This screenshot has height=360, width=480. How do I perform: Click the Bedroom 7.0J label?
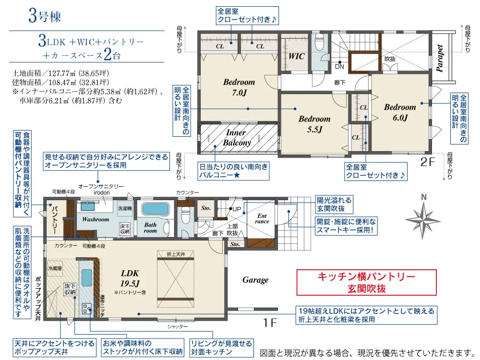click(x=239, y=87)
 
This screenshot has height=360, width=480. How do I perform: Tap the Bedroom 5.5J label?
click(x=315, y=124)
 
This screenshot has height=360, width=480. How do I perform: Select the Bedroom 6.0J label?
click(x=400, y=112)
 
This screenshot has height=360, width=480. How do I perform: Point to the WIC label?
click(x=296, y=56)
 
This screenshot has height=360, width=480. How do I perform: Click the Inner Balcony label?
click(x=237, y=137)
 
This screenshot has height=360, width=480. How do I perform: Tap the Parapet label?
click(x=440, y=58)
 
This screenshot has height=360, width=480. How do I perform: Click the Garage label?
click(x=255, y=280)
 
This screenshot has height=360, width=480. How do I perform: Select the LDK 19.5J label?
click(x=130, y=278)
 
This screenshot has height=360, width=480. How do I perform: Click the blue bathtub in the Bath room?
click(x=156, y=209)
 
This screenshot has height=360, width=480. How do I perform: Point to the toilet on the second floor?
click(x=319, y=43)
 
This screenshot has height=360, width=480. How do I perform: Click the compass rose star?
click(x=423, y=220)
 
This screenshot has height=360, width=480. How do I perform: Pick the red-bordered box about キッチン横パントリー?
click(x=366, y=282)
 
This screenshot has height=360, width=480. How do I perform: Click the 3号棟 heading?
click(x=45, y=16)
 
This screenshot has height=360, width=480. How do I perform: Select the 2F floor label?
click(x=427, y=162)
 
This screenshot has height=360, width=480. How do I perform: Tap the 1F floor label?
click(x=270, y=323)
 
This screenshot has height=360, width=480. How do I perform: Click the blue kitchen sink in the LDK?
click(x=87, y=278)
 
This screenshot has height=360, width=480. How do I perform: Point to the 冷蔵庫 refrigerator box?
click(x=55, y=268)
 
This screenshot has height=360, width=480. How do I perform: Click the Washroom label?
click(x=96, y=219)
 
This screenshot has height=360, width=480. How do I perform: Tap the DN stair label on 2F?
click(x=339, y=66)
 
